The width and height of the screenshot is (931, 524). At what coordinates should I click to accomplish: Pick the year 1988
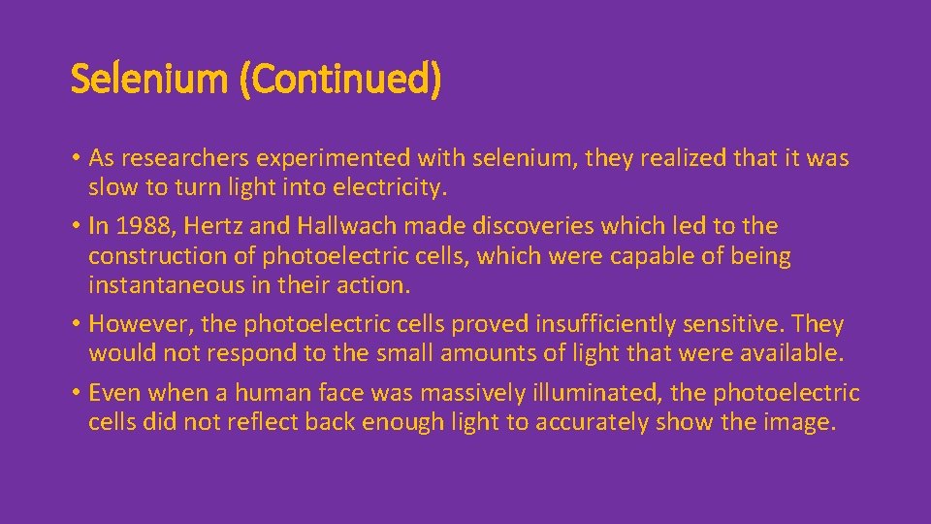(142, 226)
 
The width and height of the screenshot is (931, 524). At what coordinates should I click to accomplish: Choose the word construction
(149, 256)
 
